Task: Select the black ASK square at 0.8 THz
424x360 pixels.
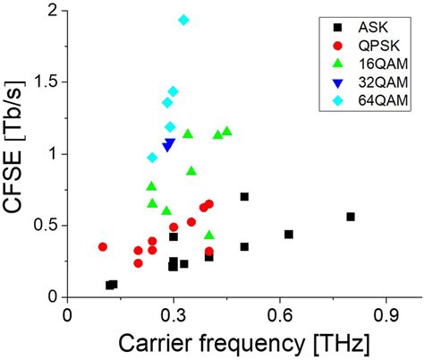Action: click(351, 217)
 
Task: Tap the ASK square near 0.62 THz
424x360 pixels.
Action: click(289, 235)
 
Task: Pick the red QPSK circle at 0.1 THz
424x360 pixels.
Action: click(103, 246)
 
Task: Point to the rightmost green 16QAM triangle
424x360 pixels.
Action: click(226, 132)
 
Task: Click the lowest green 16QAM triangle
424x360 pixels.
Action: click(209, 236)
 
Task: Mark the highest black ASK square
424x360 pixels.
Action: click(244, 197)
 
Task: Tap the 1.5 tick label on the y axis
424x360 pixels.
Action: click(45, 81)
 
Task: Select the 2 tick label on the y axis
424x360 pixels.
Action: click(54, 11)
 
